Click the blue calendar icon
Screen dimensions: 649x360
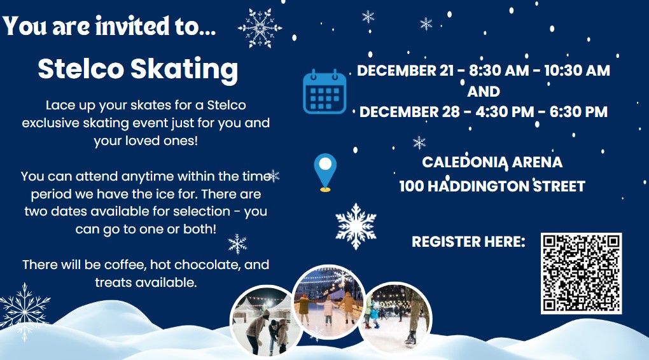(324, 92)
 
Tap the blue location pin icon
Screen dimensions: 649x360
(325, 172)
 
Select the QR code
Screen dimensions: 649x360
(581, 273)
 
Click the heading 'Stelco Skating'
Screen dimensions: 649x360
(138, 69)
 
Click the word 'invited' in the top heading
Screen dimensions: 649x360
(132, 26)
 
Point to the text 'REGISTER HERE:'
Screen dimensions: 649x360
(468, 242)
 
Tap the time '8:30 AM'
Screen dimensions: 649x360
(499, 71)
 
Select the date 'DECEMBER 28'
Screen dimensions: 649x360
(409, 112)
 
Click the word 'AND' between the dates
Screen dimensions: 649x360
(484, 91)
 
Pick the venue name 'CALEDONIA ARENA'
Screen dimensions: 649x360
(492, 162)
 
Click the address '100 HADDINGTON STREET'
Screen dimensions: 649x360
(492, 186)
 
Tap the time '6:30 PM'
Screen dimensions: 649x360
(578, 112)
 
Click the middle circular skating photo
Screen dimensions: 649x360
(329, 301)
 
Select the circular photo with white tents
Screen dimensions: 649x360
(267, 321)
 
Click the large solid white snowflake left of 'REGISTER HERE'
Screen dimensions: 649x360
(356, 226)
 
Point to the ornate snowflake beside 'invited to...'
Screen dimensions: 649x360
(260, 28)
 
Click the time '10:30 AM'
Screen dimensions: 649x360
(577, 71)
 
